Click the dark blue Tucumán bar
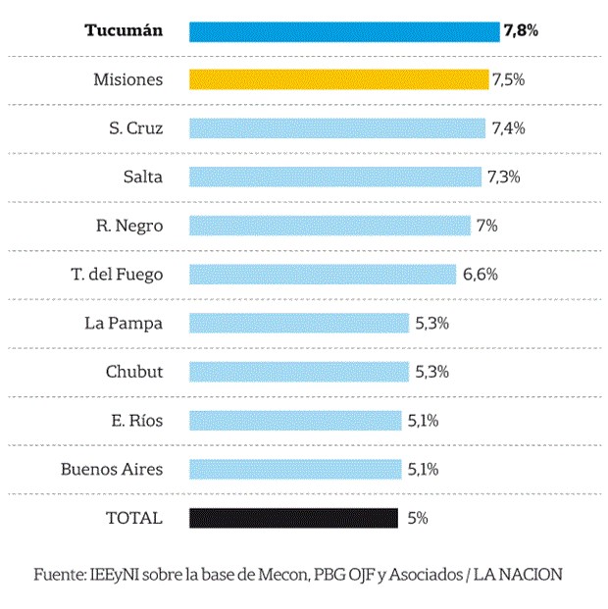click(343, 31)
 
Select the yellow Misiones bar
click(338, 79)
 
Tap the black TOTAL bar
click(293, 518)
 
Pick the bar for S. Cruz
click(336, 128)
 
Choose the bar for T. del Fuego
click(323, 275)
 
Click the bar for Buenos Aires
click(295, 469)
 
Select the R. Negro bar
click(329, 226)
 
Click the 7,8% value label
click(521, 31)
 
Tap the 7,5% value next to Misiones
click(509, 79)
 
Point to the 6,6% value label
click(480, 275)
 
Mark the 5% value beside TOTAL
click(418, 518)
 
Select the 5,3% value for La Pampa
click(431, 323)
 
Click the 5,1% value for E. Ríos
click(423, 421)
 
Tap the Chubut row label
click(134, 372)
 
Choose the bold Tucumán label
click(124, 31)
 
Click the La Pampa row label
click(124, 323)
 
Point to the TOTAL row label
click(133, 518)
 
